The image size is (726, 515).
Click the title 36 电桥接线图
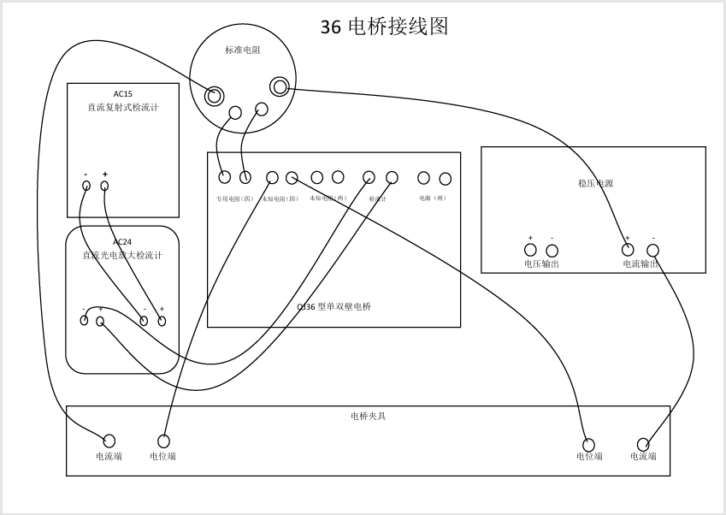[384, 27]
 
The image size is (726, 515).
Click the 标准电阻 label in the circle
[242, 50]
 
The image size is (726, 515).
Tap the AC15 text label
[122, 94]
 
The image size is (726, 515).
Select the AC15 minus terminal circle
[86, 186]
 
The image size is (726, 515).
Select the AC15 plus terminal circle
[104, 186]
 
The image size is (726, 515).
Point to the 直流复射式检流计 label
[122, 108]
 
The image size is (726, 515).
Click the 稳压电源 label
[595, 183]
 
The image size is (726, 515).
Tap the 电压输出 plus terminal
[530, 251]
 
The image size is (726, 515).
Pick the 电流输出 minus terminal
[652, 251]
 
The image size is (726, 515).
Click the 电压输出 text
[541, 264]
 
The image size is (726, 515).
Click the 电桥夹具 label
[368, 417]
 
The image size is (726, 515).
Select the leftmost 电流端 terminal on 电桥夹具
[109, 441]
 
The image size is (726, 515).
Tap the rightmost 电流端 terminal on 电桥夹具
[643, 444]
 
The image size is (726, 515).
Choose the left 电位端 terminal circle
[163, 441]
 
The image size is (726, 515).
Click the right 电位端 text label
[589, 457]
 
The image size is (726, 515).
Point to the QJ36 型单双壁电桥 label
[333, 306]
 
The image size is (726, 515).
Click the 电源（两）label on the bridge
[433, 198]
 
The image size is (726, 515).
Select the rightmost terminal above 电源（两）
[445, 179]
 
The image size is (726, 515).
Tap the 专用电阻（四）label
[233, 198]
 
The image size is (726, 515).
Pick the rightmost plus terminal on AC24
[162, 321]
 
